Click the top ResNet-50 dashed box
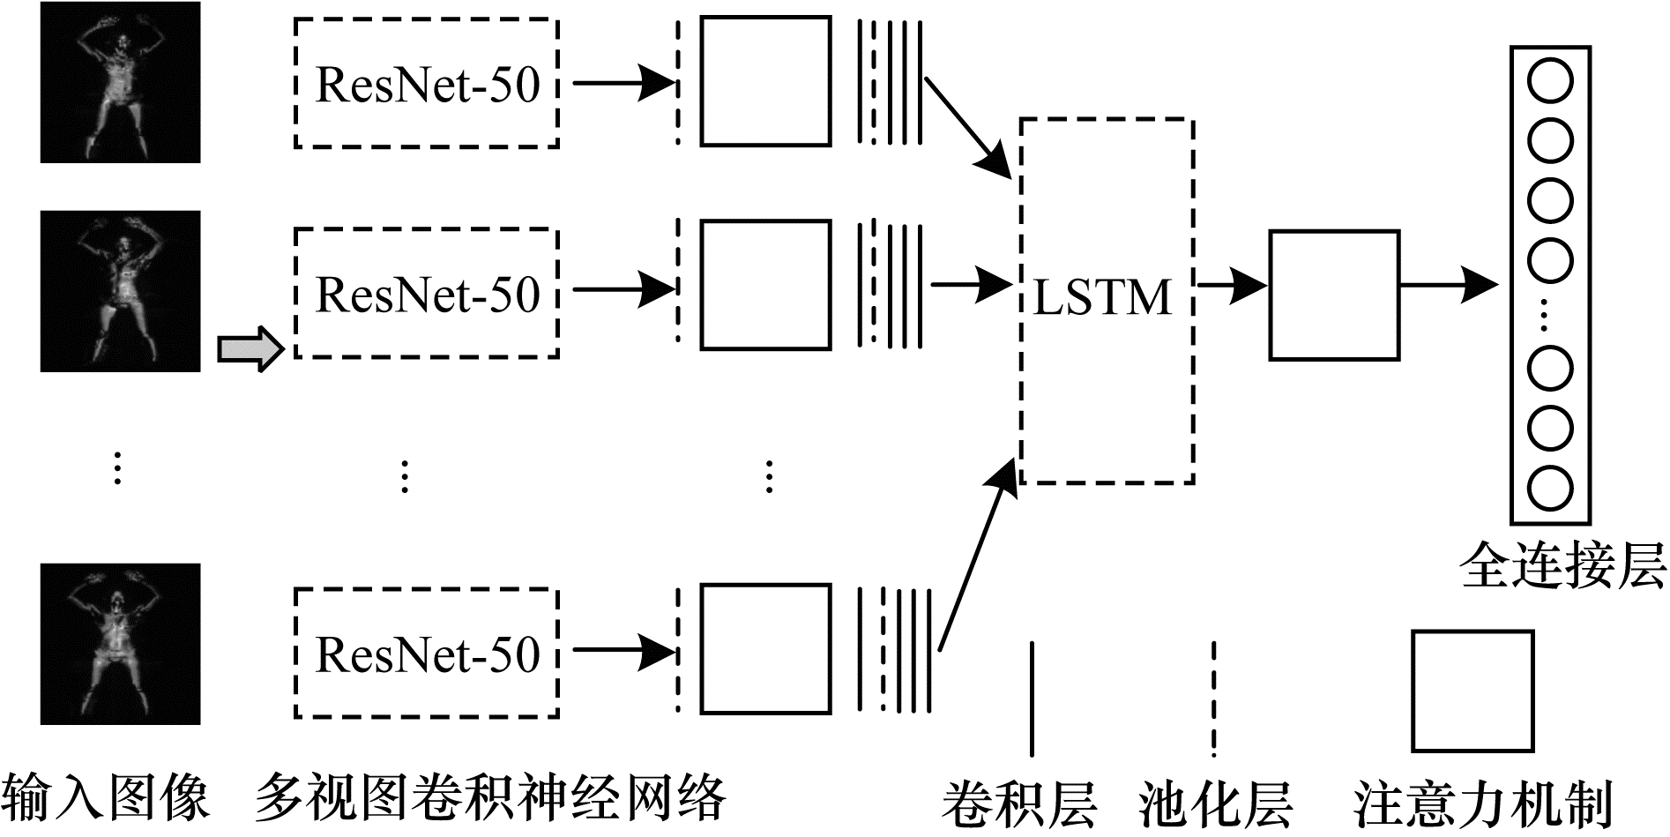(x=426, y=83)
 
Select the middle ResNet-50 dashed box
(x=426, y=293)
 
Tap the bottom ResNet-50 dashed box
(x=426, y=654)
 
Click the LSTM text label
(x=1102, y=297)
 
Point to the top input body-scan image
(x=120, y=83)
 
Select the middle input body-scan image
(x=120, y=291)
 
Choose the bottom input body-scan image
(x=120, y=644)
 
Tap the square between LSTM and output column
(x=1333, y=295)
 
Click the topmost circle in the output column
(x=1549, y=82)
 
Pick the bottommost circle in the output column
(x=1549, y=488)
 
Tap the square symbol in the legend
(x=1472, y=690)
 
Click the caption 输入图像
(x=106, y=799)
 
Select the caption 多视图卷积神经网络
(x=490, y=799)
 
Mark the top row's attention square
(x=765, y=81)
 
